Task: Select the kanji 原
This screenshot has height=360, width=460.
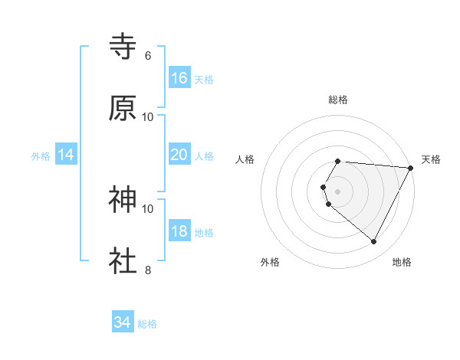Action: pyautogui.click(x=123, y=108)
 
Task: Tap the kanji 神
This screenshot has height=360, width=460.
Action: pyautogui.click(x=123, y=200)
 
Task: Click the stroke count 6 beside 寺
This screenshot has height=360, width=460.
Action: pyautogui.click(x=148, y=56)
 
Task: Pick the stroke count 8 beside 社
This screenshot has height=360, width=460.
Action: pyautogui.click(x=148, y=270)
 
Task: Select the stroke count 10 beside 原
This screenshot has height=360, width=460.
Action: pyautogui.click(x=148, y=116)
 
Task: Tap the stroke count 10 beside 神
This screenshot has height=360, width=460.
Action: pyautogui.click(x=148, y=208)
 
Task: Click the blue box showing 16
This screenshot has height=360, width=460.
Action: pyautogui.click(x=179, y=78)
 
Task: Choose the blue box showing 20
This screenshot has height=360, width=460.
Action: pyautogui.click(x=179, y=155)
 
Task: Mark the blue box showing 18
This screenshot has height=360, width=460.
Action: pyautogui.click(x=179, y=231)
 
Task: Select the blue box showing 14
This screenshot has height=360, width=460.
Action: pyautogui.click(x=66, y=155)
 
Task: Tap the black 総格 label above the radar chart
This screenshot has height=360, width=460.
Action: pyautogui.click(x=338, y=100)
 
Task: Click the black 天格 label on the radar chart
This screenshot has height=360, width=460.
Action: pyautogui.click(x=431, y=159)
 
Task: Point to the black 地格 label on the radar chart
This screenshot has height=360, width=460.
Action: pyautogui.click(x=402, y=262)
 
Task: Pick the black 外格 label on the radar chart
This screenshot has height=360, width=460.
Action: pyautogui.click(x=270, y=262)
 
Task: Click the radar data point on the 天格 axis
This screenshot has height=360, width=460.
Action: pyautogui.click(x=411, y=168)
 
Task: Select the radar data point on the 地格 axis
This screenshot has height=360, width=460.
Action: pyautogui.click(x=374, y=242)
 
